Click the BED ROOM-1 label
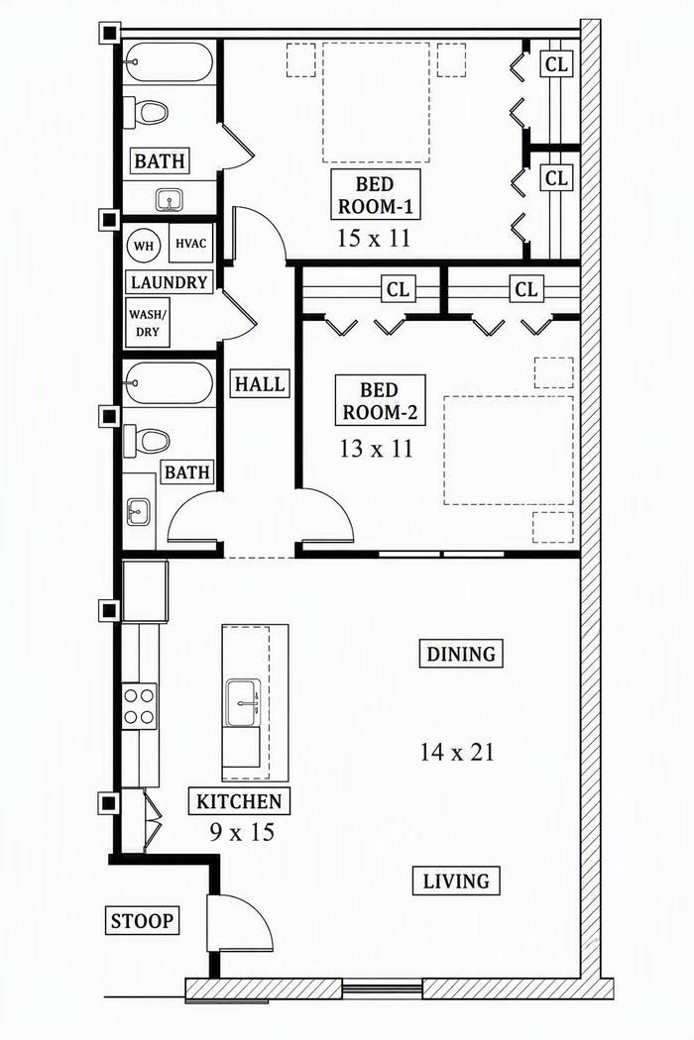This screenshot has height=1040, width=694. click(x=375, y=194)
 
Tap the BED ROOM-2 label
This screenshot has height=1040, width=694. click(x=379, y=400)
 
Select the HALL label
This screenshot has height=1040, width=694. click(x=260, y=383)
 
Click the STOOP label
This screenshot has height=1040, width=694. click(x=142, y=920)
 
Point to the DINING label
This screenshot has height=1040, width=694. click(x=461, y=654)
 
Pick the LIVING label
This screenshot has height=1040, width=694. click(x=456, y=882)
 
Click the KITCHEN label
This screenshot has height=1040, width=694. click(x=239, y=801)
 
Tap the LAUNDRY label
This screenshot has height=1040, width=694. click(x=170, y=282)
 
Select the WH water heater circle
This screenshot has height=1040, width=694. click(x=144, y=246)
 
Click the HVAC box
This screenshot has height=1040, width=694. click(x=191, y=244)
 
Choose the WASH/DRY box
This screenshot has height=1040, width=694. click(x=148, y=323)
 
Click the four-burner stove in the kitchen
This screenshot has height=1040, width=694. click(x=140, y=706)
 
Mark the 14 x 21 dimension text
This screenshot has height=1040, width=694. click(x=457, y=752)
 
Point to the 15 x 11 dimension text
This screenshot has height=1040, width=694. click(x=374, y=238)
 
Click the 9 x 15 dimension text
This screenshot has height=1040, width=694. click(x=242, y=831)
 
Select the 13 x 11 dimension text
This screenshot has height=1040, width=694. click(x=376, y=449)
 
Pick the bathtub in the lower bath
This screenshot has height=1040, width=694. click(x=169, y=382)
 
